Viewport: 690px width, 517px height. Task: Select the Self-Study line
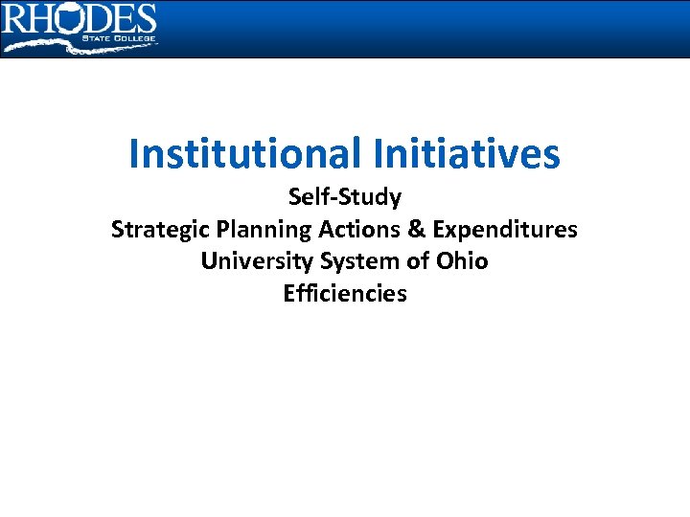point(345,198)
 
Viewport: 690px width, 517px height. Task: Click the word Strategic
point(161,230)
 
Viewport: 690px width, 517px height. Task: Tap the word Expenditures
point(505,230)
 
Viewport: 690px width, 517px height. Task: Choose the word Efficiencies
point(345,293)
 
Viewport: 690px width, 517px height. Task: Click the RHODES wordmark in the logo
point(79,19)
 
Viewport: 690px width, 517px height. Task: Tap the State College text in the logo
point(121,38)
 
